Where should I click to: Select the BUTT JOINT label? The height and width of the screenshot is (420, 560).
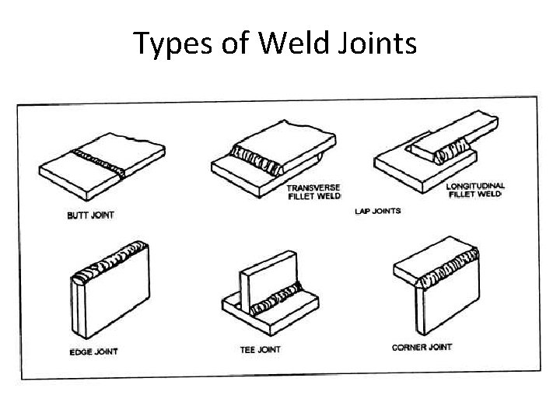pyautogui.click(x=91, y=215)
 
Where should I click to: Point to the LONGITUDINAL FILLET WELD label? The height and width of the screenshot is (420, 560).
pyautogui.click(x=476, y=190)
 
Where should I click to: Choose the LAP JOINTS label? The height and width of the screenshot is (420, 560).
pyautogui.click(x=378, y=211)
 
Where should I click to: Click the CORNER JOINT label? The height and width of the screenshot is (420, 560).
pyautogui.click(x=422, y=347)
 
